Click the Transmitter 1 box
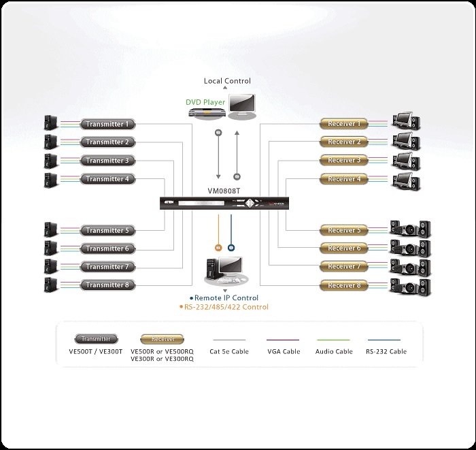pos(109,125)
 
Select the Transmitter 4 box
pos(109,180)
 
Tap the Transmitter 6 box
pos(109,249)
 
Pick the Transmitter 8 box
pos(109,285)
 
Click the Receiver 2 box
pos(344,142)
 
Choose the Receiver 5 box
pos(344,231)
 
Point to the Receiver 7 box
pos(344,267)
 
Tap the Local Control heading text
pos(227,81)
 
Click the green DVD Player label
pos(206,103)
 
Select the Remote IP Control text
pos(226,298)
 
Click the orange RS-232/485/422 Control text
pos(226,307)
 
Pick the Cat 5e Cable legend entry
pos(231,351)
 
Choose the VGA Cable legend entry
pos(282,351)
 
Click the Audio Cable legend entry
pos(334,351)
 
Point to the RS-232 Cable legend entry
pos(385,351)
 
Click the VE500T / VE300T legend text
pos(96,351)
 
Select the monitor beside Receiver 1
pos(405,123)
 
